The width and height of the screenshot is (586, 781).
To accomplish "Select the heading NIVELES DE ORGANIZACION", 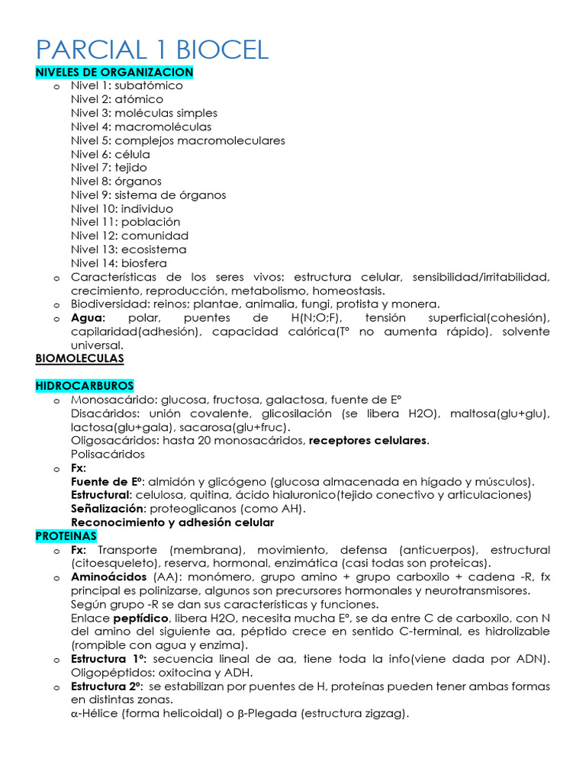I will pos(114,72).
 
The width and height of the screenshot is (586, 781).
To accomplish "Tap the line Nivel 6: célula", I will pos(111,154).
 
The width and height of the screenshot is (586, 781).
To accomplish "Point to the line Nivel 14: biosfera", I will pos(118,263).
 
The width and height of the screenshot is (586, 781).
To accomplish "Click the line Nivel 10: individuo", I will pos(122,208).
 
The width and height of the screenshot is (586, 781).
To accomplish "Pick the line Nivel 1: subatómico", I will pos(127,85).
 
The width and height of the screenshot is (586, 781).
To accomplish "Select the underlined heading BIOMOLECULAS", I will pos(79,358).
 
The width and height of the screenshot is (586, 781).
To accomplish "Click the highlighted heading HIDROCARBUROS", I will pos(85,386).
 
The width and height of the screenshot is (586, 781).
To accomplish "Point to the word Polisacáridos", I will pos(108,454).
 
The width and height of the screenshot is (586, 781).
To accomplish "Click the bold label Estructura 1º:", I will pos(110,659).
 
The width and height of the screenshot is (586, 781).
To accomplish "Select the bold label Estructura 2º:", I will pos(110,686).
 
